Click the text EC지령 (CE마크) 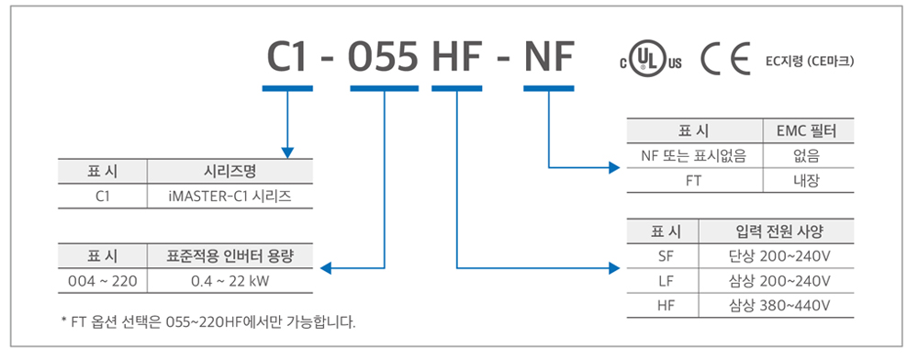tap(809, 61)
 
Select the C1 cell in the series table tap(103, 197)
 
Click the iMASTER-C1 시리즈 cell tap(229, 197)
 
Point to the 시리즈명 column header tap(229, 172)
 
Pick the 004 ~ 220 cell tap(103, 281)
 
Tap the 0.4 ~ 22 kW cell tap(230, 281)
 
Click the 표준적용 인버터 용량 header tap(230, 256)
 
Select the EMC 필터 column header tap(809, 130)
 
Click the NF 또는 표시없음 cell tap(694, 156)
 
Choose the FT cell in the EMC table tap(694, 180)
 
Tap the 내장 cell tap(809, 180)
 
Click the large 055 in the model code tap(384, 57)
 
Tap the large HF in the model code tap(456, 57)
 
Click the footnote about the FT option tap(207, 322)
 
